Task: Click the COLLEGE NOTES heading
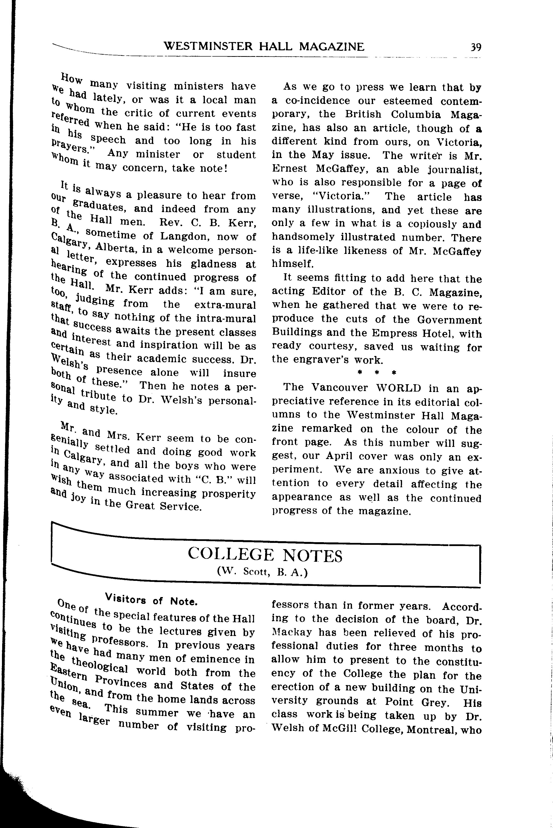point(265,555)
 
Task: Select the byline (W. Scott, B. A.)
point(263,572)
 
